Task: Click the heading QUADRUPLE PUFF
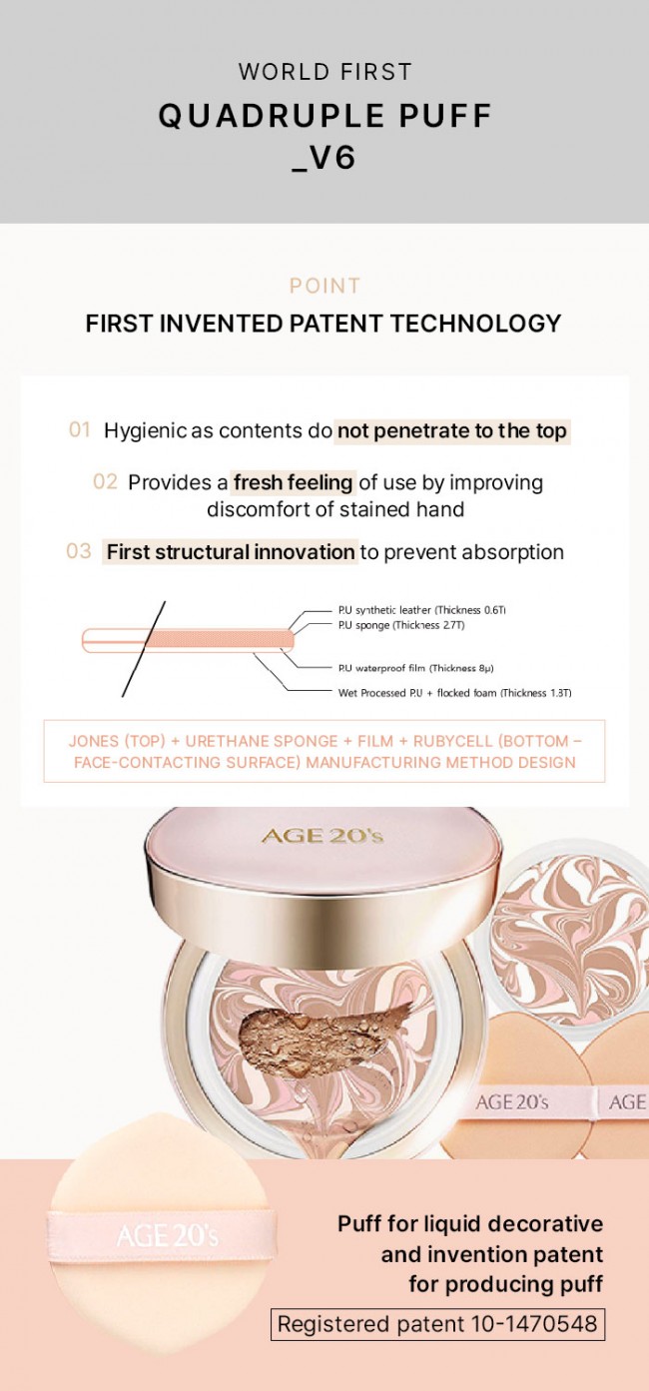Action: [x=324, y=116]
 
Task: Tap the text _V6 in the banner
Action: [x=324, y=157]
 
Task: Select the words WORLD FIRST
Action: [x=324, y=72]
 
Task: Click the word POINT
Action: [x=324, y=286]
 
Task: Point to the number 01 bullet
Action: [x=80, y=429]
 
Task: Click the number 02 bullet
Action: [x=105, y=481]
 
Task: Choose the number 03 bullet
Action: [x=78, y=551]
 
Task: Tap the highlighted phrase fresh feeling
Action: [x=294, y=482]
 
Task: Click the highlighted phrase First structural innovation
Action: [x=231, y=552]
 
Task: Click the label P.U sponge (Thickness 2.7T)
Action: [x=401, y=625]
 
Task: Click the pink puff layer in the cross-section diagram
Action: [x=219, y=639]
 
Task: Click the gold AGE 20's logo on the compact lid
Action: [x=323, y=835]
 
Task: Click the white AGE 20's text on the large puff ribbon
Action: [x=168, y=1235]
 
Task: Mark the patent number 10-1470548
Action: [x=535, y=1323]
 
